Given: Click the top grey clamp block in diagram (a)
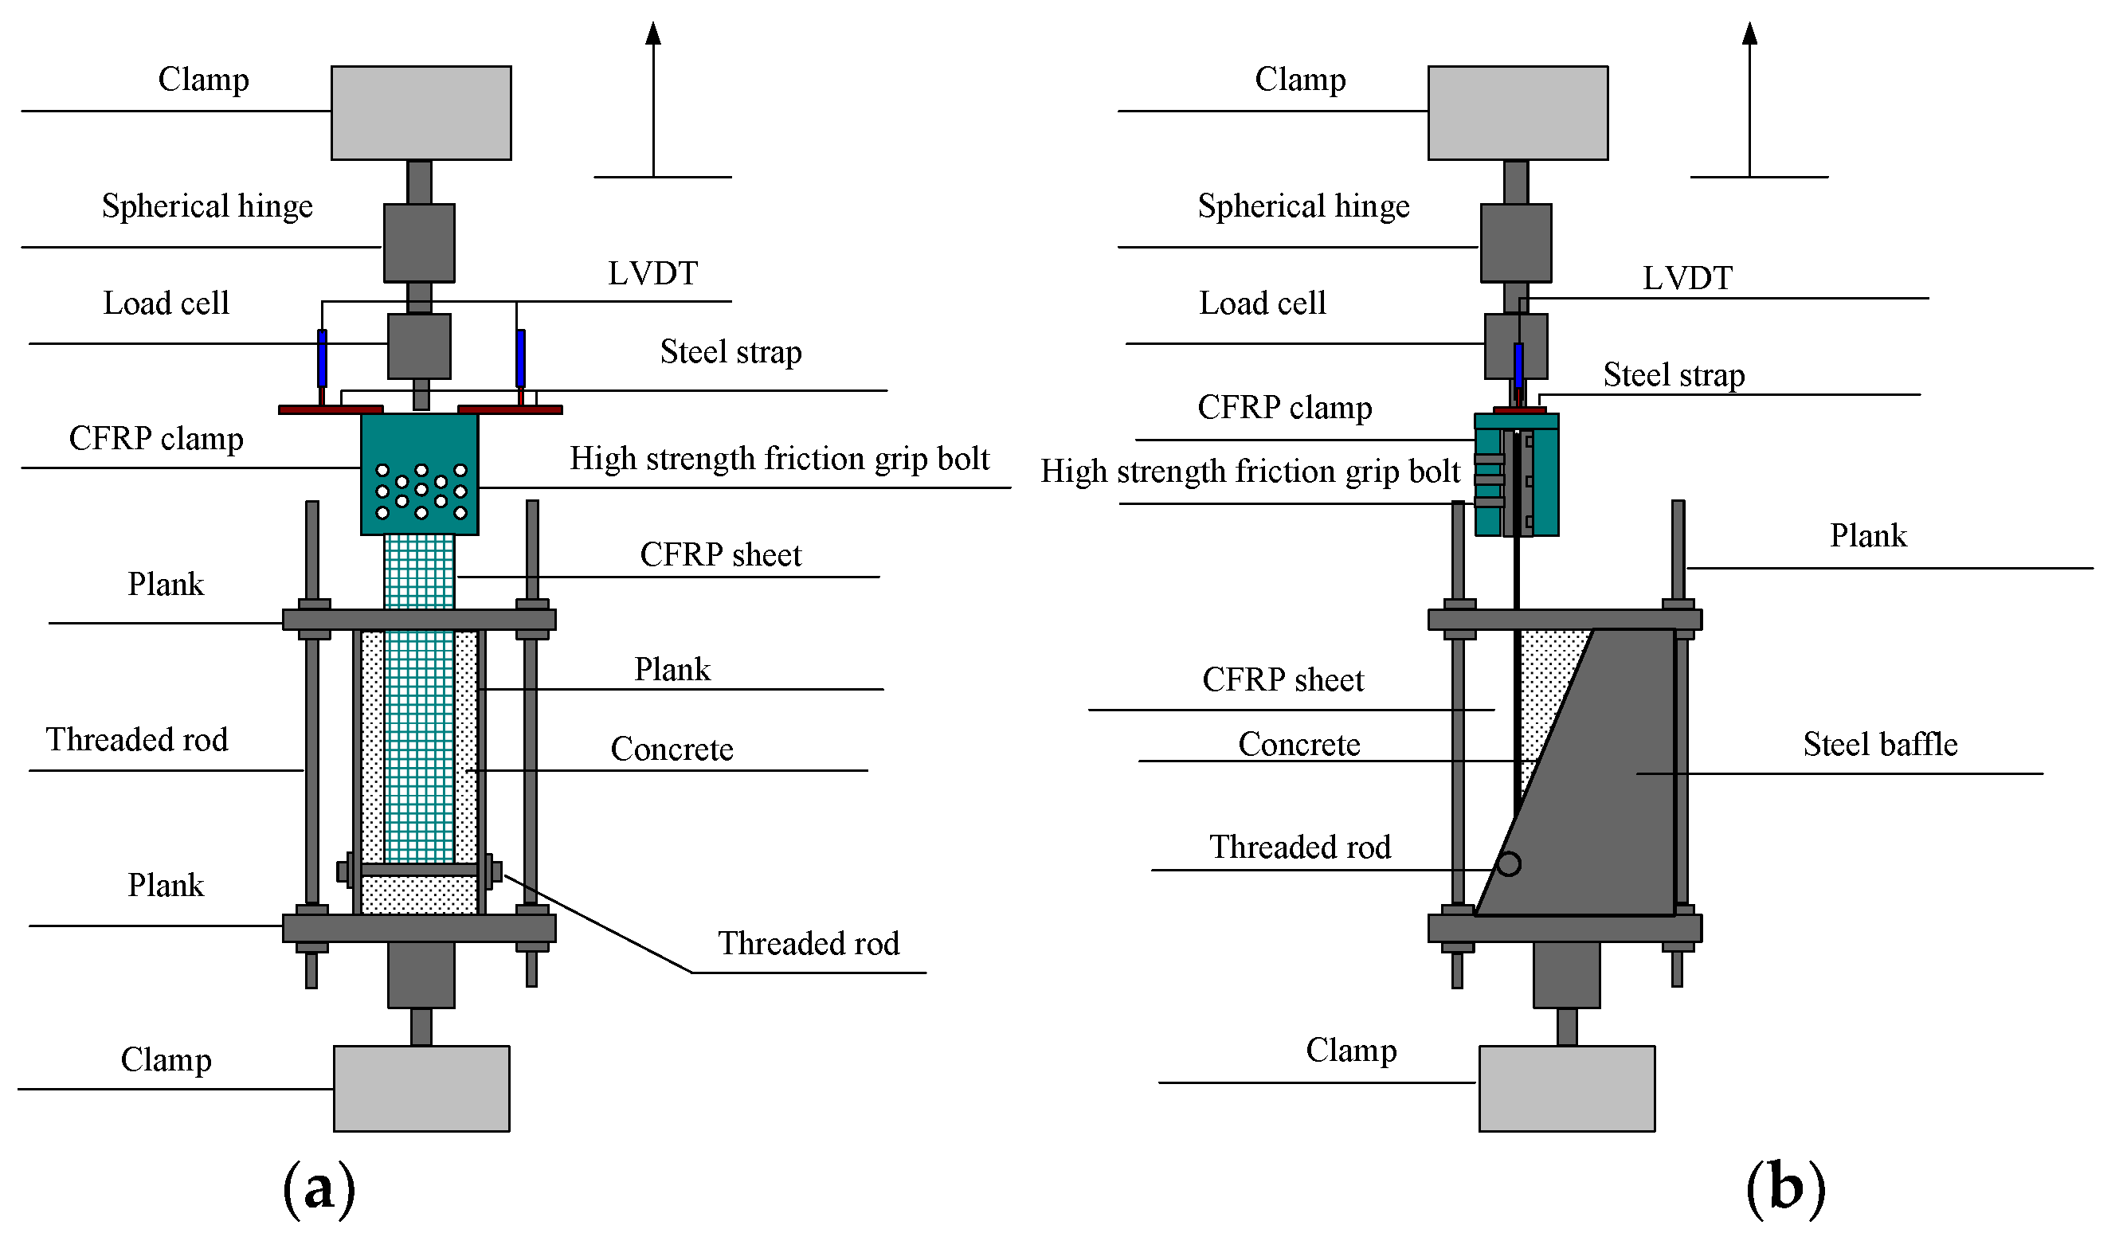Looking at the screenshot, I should point(421,112).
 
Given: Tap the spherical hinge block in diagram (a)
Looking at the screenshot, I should point(419,242).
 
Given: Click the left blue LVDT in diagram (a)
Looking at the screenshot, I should point(321,357).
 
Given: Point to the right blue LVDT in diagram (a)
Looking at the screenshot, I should point(520,357).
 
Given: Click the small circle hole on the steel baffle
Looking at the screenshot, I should point(1509,863).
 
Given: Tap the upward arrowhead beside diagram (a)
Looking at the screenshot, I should point(652,33).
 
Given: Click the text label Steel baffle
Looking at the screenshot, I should point(1879,744).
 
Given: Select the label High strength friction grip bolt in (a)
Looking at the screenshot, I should point(778,459).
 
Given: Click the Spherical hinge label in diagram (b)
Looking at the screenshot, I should point(1302,206).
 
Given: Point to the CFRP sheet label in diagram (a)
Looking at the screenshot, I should point(720,554).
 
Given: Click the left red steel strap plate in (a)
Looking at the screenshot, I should point(330,409).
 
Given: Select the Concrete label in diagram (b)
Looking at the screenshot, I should point(1298,744).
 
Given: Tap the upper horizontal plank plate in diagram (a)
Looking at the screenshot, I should point(419,620).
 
